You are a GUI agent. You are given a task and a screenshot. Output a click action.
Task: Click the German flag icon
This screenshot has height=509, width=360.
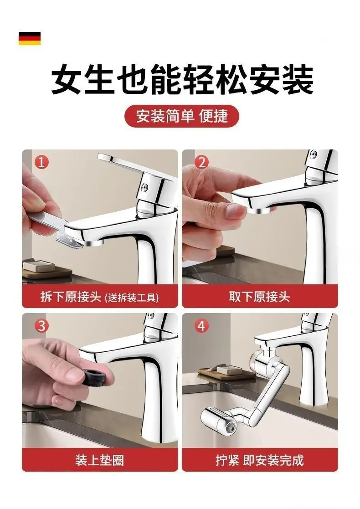[30, 38]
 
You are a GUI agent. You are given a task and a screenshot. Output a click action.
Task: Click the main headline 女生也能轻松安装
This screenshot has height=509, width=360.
[182, 80]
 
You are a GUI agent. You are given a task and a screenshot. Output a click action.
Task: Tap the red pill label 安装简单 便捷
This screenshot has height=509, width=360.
[182, 116]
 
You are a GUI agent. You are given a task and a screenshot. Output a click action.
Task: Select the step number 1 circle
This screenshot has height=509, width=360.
[41, 162]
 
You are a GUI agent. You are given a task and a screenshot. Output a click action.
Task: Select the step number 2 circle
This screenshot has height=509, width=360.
[201, 162]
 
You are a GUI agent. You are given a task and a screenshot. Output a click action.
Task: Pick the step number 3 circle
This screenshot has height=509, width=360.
[41, 325]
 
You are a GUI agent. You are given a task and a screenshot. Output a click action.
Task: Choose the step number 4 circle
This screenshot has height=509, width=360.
[201, 325]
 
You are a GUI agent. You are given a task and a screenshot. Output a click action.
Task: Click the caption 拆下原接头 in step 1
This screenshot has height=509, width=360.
[71, 298]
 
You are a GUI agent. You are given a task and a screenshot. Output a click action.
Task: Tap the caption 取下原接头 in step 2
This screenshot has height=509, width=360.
[259, 297]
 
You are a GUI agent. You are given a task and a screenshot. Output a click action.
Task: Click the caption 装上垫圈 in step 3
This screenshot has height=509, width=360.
[99, 460]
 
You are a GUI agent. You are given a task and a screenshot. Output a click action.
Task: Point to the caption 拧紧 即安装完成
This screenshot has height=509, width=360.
[259, 460]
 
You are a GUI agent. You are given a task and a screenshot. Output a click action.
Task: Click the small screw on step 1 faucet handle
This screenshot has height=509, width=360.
[144, 186]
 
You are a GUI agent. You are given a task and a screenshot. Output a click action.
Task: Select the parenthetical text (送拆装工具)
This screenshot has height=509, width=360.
[132, 298]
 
